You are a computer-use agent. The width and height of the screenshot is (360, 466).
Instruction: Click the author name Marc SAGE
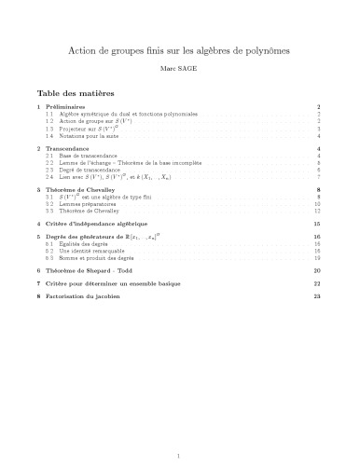click(179, 68)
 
